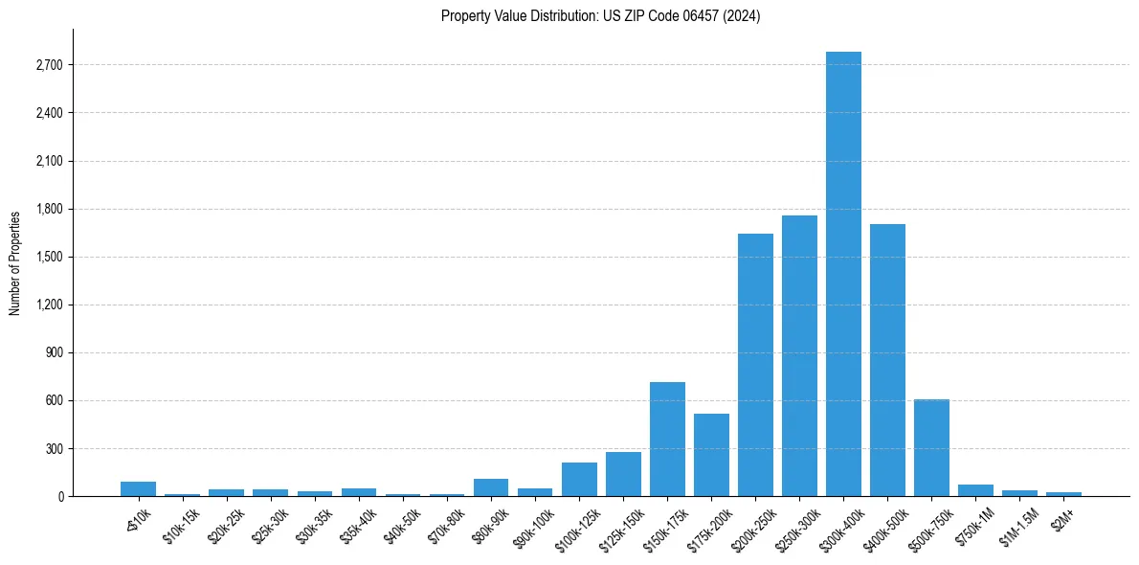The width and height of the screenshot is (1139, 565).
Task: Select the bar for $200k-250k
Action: pos(755,365)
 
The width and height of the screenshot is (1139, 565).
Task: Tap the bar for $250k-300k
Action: pos(799,355)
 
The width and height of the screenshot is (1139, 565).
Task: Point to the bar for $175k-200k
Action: pos(711,455)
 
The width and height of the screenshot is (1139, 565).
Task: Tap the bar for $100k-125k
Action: pos(579,479)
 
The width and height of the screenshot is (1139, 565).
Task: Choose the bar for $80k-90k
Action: pos(491,487)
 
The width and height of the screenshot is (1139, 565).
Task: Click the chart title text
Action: pos(600,16)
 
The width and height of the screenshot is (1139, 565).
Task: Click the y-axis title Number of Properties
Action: pos(15,262)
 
